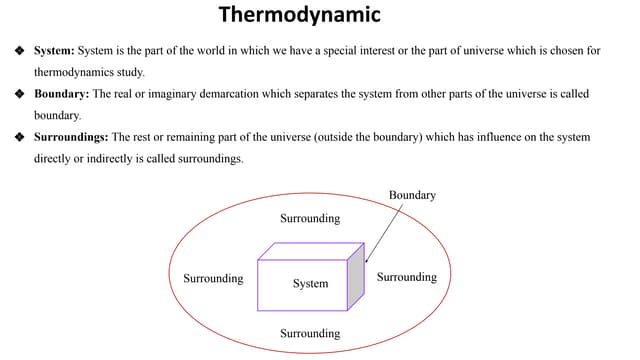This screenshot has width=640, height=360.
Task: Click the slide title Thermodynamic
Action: click(x=299, y=16)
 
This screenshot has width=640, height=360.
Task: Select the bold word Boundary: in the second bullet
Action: click(x=61, y=94)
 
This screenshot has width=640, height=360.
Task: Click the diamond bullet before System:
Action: click(x=18, y=50)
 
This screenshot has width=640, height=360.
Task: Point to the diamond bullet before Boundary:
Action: click(x=18, y=94)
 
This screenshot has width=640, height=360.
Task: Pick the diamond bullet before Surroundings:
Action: click(x=18, y=137)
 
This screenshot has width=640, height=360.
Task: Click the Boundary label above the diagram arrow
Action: click(x=411, y=195)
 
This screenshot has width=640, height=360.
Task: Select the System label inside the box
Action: click(x=310, y=284)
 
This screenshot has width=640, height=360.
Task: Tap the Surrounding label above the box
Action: click(x=310, y=218)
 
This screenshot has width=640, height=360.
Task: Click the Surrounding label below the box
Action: click(x=310, y=333)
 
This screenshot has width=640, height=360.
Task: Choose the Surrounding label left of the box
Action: click(x=213, y=278)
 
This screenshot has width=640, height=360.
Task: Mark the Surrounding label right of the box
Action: click(x=407, y=277)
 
